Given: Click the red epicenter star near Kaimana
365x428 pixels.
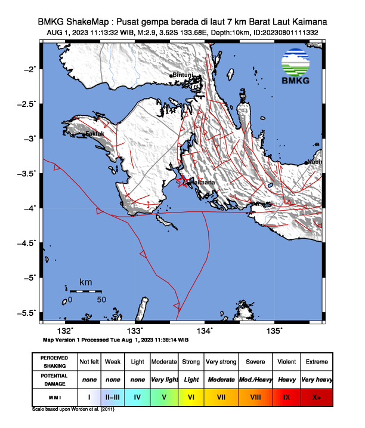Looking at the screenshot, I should click(x=184, y=183).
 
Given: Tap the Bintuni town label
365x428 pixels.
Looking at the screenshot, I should click(x=182, y=75).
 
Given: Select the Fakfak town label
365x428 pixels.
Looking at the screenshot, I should click(x=95, y=134).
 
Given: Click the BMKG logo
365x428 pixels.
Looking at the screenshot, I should click(x=296, y=67).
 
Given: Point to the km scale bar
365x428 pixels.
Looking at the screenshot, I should click(x=85, y=291).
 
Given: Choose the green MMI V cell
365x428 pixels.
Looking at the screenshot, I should click(x=164, y=396).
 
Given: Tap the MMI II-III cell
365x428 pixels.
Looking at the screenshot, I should click(x=113, y=396).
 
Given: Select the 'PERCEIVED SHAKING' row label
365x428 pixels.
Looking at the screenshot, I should click(x=54, y=362).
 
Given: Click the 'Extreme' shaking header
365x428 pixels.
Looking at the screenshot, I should click(x=316, y=362).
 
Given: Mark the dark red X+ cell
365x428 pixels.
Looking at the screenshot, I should click(x=316, y=396).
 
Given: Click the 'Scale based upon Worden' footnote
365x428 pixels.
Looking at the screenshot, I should click(x=73, y=409).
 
